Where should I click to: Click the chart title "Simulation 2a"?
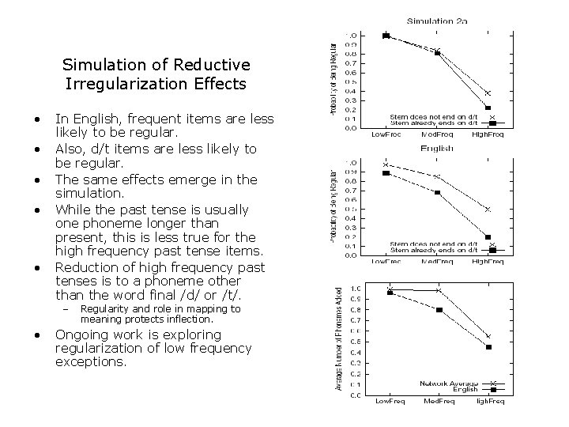[x=436, y=21]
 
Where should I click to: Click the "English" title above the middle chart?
[x=436, y=148]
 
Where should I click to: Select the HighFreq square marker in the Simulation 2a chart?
[x=488, y=108]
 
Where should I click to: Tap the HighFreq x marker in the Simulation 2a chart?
[x=488, y=93]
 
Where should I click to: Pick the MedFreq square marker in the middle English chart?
[x=437, y=192]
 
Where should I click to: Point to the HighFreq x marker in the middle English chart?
[x=488, y=210]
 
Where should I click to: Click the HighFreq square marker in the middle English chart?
[x=488, y=236]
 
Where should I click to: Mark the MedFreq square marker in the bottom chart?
[x=439, y=310]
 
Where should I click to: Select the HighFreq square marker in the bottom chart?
[x=488, y=347]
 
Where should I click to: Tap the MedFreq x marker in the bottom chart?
[x=439, y=291]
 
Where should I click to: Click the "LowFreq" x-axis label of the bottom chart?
[x=390, y=402]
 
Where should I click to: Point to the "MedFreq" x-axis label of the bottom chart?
[x=439, y=402]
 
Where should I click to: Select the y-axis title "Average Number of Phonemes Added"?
[x=338, y=338]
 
